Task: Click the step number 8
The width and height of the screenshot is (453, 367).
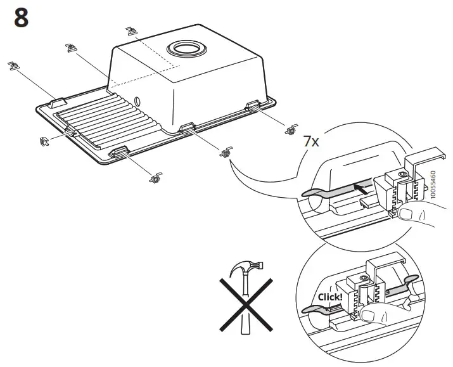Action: [x=21, y=18]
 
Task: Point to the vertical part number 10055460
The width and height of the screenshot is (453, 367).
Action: [x=433, y=184]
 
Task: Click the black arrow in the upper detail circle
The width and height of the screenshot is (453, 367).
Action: [x=359, y=188]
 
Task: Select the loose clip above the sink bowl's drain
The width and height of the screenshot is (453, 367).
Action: [x=131, y=30]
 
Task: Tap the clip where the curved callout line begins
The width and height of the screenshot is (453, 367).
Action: [x=224, y=152]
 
